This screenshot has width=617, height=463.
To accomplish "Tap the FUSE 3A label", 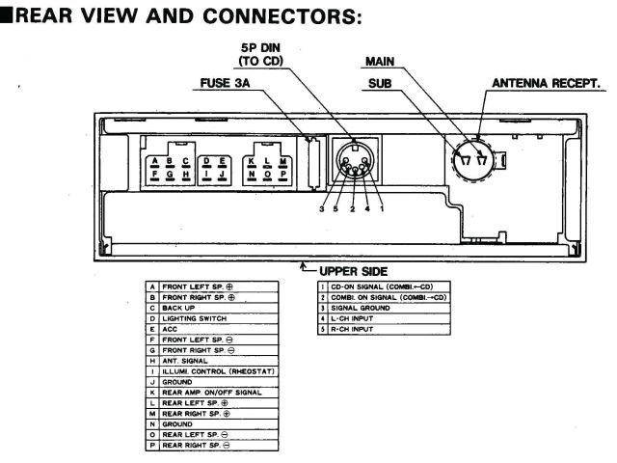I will tap(225, 82).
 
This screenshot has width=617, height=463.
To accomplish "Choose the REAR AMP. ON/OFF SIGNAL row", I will tap(211, 392).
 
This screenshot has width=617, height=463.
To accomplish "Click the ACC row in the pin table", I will tap(170, 328).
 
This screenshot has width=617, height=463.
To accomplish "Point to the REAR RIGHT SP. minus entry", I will tap(197, 445).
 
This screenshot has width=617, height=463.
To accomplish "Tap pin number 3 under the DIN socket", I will tap(322, 208).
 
